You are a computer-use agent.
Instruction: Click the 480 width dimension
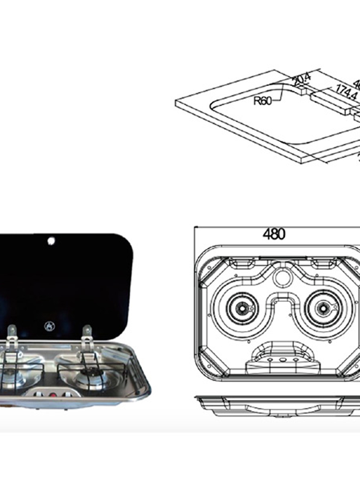click(x=274, y=234)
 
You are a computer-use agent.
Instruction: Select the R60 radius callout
click(x=262, y=101)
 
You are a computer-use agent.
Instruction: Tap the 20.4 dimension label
click(x=302, y=80)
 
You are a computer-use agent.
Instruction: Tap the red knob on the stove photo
click(x=53, y=394)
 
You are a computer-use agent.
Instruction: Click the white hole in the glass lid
click(x=51, y=241)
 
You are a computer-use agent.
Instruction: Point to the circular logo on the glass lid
click(x=49, y=326)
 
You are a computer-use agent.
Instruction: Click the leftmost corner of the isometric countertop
click(x=176, y=102)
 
